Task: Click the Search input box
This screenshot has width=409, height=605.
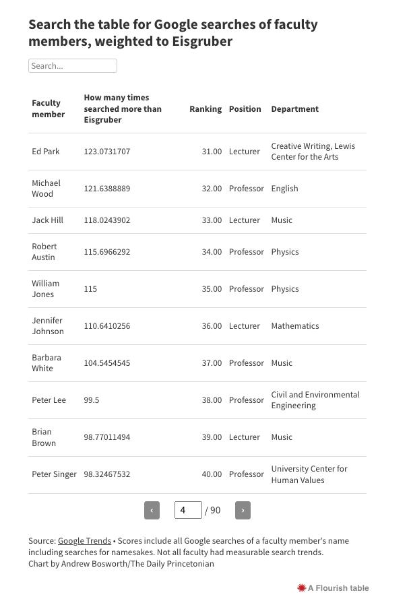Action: coord(73,66)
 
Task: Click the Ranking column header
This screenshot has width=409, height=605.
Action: coord(206,109)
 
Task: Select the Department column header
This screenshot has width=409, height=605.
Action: coord(294,109)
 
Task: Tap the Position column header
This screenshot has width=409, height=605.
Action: coord(245,109)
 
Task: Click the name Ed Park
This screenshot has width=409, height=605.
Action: coord(46,152)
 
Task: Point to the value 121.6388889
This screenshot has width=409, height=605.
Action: coord(107,189)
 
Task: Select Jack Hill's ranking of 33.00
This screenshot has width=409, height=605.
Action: coord(212,220)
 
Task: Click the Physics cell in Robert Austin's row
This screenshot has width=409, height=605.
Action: coord(285,252)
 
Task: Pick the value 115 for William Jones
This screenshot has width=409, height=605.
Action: coord(90,289)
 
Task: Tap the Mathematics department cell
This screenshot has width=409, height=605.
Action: coord(295,326)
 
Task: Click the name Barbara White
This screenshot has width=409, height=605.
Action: coord(46,363)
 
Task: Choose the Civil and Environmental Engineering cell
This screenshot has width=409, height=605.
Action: coord(315,400)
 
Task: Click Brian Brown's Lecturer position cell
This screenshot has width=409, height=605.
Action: coord(244,437)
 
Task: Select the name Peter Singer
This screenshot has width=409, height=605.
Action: coord(54,474)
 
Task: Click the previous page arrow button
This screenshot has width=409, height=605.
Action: coord(152,511)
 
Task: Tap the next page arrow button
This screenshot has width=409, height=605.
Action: coord(243,511)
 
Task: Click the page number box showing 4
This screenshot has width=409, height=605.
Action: coord(188,511)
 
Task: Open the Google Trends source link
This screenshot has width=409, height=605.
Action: coord(84,541)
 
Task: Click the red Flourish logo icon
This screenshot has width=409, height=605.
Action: coord(302,588)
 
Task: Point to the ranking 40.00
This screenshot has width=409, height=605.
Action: coord(212,474)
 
